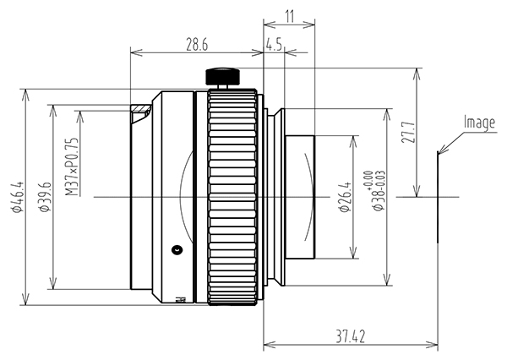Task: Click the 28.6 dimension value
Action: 197,46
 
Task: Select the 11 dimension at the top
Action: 290,17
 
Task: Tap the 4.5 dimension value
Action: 274,45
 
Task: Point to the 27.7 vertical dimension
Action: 408,133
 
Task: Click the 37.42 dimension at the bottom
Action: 350,336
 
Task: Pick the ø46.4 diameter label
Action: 18,197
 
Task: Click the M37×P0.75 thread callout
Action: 72,166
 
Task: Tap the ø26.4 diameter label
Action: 344,197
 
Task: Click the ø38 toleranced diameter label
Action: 378,191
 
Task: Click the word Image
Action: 479,123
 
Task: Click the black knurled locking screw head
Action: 223,76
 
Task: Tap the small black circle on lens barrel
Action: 177,249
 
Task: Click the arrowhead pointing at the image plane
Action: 442,149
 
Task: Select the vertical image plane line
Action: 438,196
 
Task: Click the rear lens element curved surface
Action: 310,197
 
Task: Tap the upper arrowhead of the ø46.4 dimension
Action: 25,95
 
